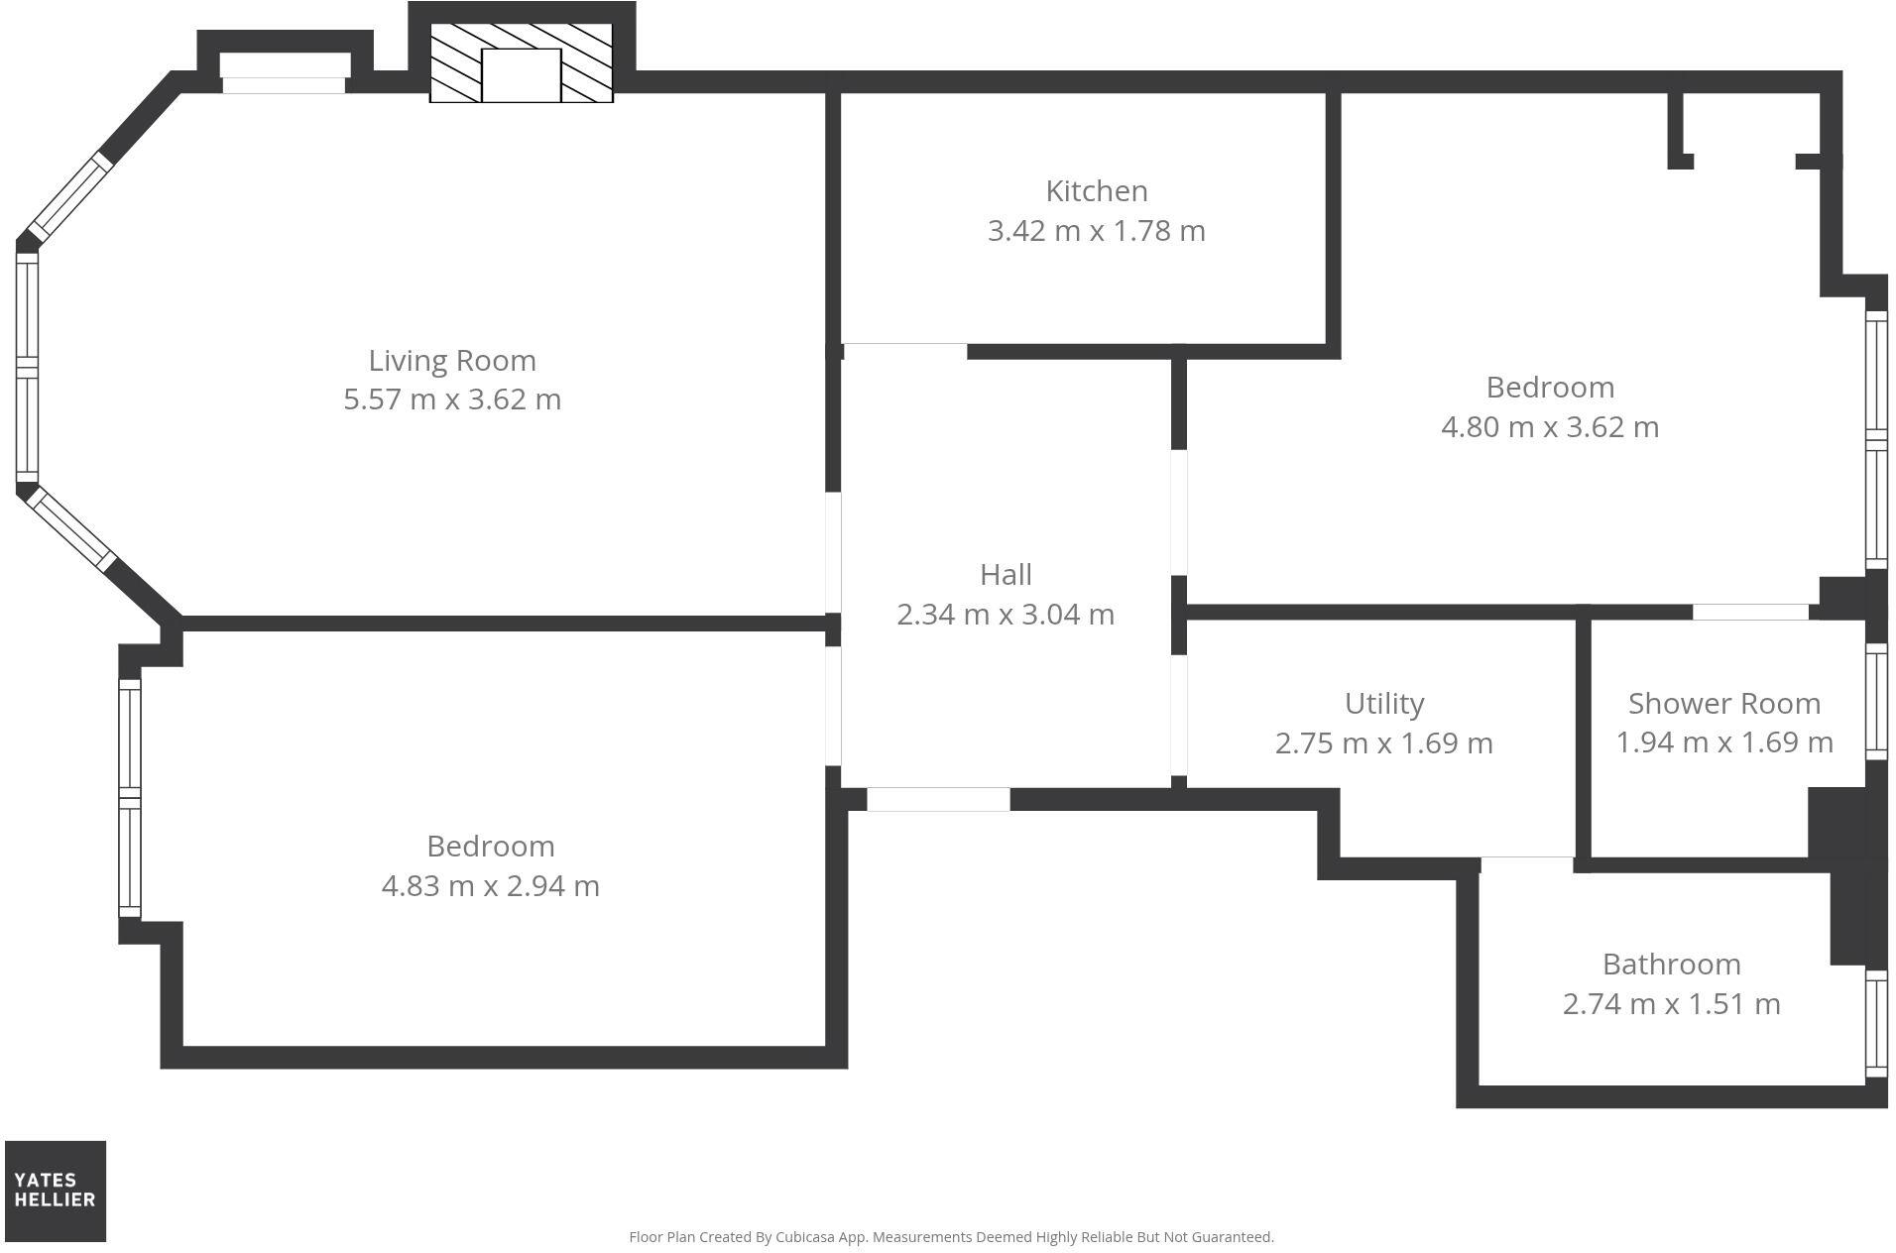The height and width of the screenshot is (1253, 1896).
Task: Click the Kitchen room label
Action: pos(1096,190)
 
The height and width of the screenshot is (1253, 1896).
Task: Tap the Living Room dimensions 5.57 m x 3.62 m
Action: pos(452,399)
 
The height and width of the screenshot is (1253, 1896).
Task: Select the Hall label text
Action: pos(1006,575)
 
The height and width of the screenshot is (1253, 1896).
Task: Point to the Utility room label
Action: pos(1384,704)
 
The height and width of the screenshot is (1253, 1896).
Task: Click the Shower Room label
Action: pos(1723,704)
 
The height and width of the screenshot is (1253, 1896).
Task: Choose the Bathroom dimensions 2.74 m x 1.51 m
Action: pos(1671,1004)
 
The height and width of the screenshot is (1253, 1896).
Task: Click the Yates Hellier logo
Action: pos(56,1191)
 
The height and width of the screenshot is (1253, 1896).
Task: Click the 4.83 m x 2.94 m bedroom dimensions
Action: pos(490,886)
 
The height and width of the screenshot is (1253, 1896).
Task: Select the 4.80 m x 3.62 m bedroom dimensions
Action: pos(1549,427)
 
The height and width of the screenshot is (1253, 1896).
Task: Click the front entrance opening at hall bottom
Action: pos(938,799)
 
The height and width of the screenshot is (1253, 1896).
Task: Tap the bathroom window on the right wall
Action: pos(1875,1024)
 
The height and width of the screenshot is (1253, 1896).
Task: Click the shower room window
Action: pos(1875,701)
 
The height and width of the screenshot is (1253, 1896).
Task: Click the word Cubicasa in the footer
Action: pos(802,1237)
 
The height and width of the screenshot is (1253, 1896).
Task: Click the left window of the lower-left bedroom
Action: pos(130,798)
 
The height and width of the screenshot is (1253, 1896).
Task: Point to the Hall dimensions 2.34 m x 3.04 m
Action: pos(1006,615)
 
